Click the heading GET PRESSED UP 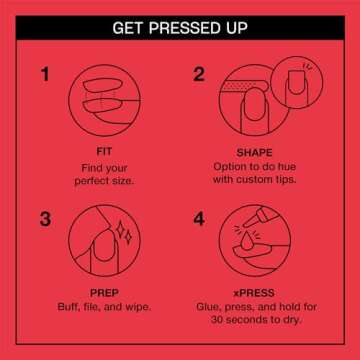click(x=180, y=28)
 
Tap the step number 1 click(x=45, y=74)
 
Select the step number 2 click(x=199, y=74)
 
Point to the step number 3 click(x=45, y=219)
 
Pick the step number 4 click(x=199, y=219)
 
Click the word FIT click(x=104, y=152)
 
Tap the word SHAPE click(x=254, y=153)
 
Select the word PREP click(x=104, y=293)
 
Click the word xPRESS click(x=254, y=293)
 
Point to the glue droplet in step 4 click(x=247, y=243)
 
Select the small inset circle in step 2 click(x=297, y=82)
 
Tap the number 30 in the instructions click(x=217, y=320)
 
